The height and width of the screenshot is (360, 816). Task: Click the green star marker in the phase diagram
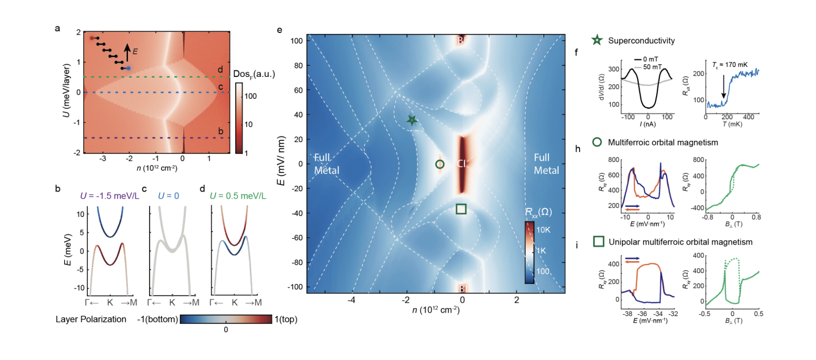tap(412, 120)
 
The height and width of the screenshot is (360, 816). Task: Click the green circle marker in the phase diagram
tap(439, 164)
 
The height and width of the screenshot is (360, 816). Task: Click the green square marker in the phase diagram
tap(461, 209)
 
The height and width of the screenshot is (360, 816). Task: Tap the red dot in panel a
tap(92, 38)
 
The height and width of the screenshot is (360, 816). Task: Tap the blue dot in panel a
tap(128, 69)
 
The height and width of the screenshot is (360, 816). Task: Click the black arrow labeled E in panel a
tap(127, 52)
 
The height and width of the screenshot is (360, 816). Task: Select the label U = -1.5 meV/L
tap(110, 196)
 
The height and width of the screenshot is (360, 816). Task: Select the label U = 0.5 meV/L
tap(238, 196)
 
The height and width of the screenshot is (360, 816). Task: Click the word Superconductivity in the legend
tap(641, 41)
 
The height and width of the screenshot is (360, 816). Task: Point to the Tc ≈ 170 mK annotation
tap(730, 65)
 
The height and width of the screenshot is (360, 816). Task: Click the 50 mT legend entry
tap(652, 67)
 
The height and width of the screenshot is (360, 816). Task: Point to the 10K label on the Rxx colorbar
tap(543, 230)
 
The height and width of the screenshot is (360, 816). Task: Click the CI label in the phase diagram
tap(461, 163)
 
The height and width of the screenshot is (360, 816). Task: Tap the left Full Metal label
tap(327, 164)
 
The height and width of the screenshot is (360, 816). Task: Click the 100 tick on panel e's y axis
tap(296, 41)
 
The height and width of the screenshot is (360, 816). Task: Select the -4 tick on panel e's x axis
tap(351, 300)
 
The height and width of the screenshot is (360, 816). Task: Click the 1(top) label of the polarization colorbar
tap(286, 319)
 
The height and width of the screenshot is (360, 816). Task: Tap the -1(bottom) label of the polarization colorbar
tap(157, 319)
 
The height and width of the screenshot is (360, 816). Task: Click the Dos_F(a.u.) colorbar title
tap(254, 74)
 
